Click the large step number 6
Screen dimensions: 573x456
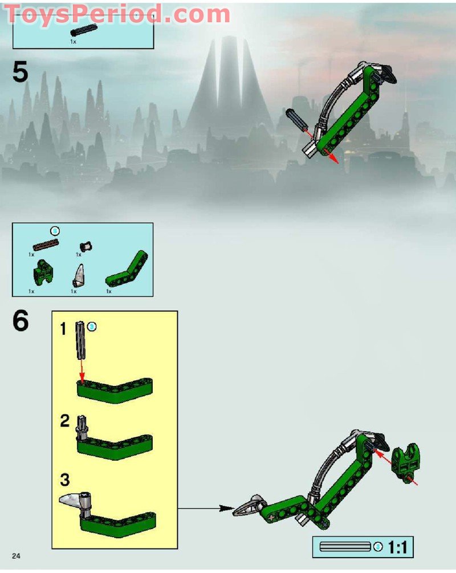(x=21, y=322)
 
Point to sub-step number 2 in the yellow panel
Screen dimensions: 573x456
(x=65, y=421)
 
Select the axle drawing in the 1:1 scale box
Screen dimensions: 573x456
(x=345, y=547)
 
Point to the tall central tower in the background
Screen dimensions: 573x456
(x=228, y=86)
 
